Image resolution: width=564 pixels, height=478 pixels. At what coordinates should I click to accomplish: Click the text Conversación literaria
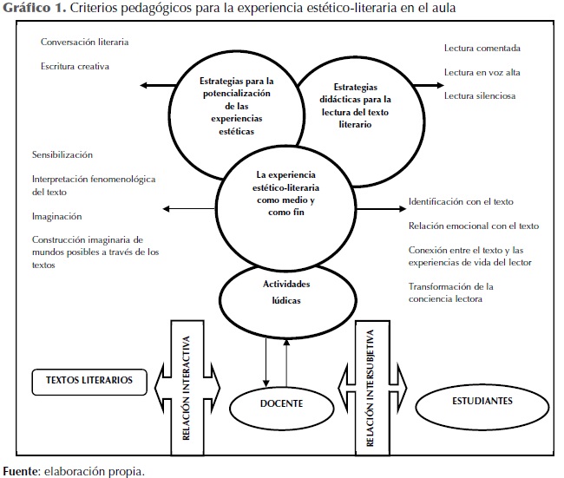click(x=82, y=42)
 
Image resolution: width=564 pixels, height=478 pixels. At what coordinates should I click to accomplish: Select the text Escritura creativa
click(x=75, y=65)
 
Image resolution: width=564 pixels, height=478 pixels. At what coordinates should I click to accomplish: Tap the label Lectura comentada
click(x=482, y=49)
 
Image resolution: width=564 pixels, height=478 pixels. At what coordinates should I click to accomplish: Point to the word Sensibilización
click(x=62, y=154)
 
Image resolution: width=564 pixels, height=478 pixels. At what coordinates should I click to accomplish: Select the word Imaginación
click(x=57, y=216)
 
